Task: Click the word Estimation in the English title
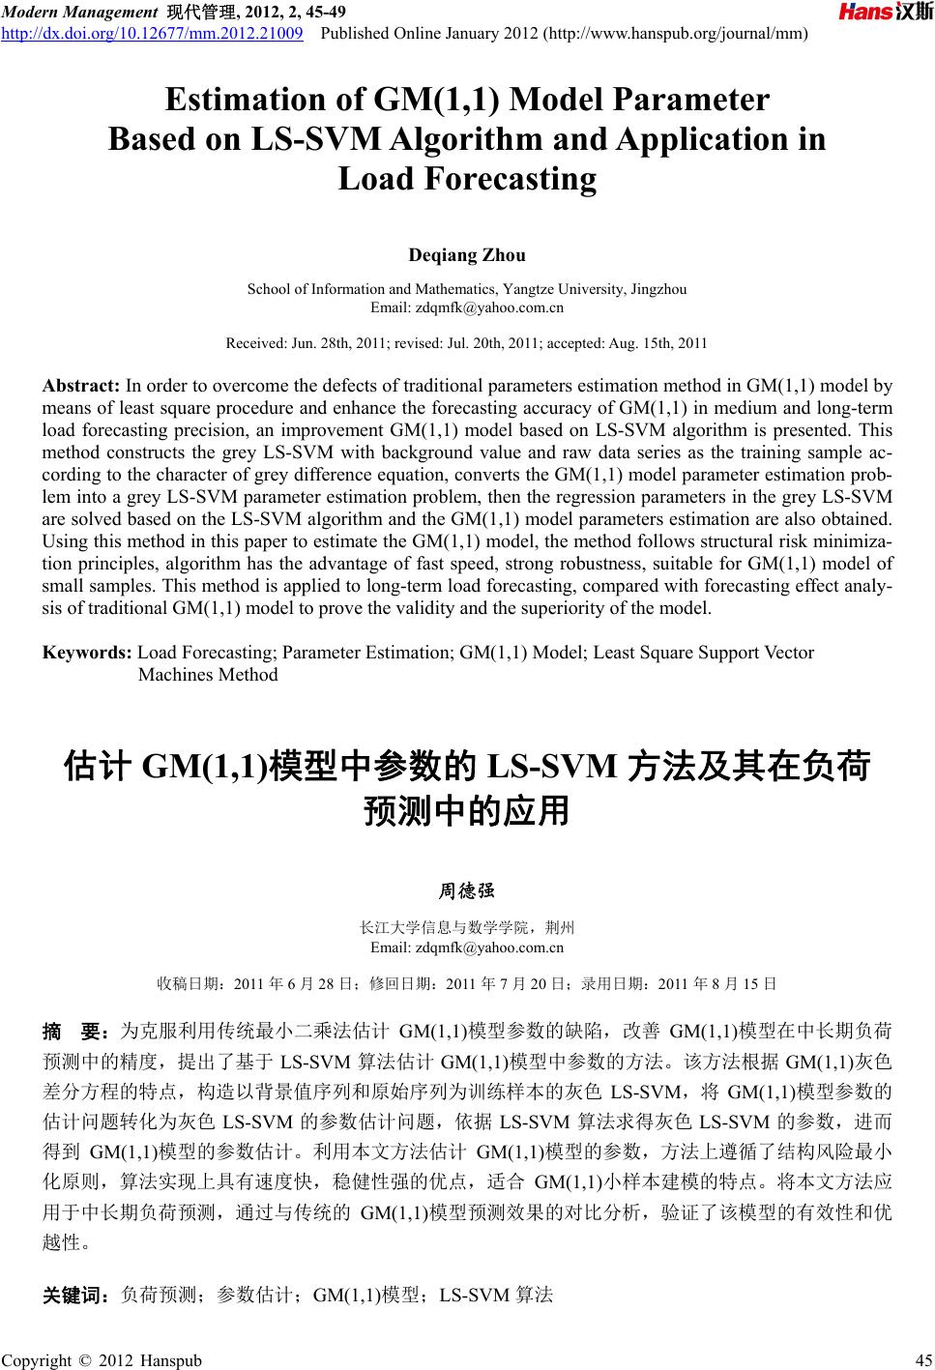point(239,101)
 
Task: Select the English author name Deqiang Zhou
point(467,256)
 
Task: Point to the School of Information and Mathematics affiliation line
point(467,289)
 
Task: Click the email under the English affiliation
point(467,307)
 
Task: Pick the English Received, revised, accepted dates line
point(466,343)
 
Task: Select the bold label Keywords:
point(88,653)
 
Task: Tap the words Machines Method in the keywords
point(208,675)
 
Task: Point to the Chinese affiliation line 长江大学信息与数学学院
point(467,927)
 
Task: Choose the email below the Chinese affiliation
point(467,947)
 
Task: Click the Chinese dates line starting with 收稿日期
point(466,985)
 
